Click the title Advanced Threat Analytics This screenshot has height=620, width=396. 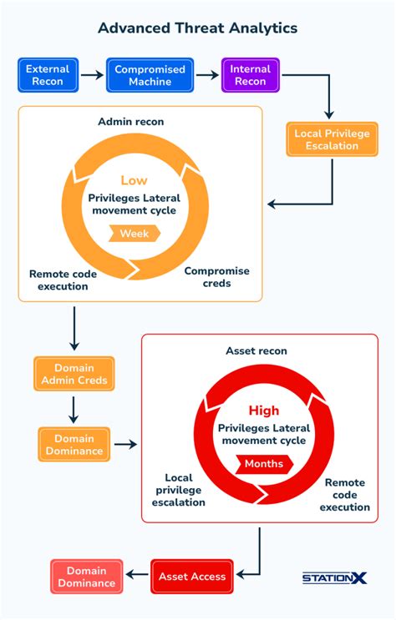tap(197, 28)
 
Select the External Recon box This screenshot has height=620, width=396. tap(47, 75)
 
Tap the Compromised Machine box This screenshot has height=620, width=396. tap(150, 75)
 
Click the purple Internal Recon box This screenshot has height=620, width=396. tap(250, 75)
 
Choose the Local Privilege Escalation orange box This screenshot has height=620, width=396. tap(332, 139)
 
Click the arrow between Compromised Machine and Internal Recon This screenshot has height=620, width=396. tap(207, 75)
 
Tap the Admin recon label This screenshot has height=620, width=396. tap(131, 122)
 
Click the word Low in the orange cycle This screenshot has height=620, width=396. tap(134, 180)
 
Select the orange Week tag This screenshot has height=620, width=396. tap(134, 234)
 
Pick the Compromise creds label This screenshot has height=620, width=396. tap(216, 277)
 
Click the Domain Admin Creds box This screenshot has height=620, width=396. tap(74, 374)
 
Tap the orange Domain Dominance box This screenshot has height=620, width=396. tap(74, 445)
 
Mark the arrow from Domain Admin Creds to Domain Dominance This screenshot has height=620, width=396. tap(74, 409)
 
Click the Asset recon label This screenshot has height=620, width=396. tap(256, 351)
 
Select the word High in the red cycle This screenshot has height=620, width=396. tap(263, 411)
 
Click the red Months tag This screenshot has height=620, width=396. tap(263, 464)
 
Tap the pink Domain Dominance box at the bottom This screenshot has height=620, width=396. tap(86, 577)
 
